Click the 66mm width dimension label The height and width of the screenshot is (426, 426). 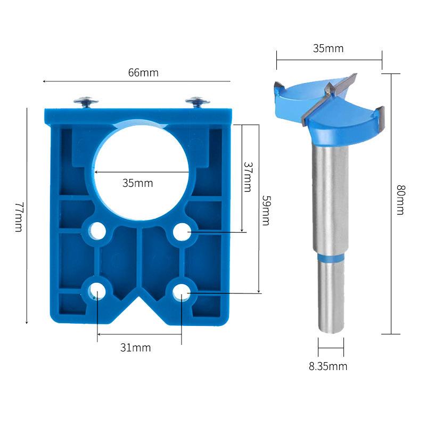click(143, 73)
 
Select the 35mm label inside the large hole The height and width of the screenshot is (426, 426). click(137, 183)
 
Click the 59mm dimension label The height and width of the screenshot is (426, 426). click(266, 210)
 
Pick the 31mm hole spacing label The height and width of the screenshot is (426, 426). click(135, 348)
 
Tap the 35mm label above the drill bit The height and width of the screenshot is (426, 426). click(328, 49)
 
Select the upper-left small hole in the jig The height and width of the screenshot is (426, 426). click(97, 231)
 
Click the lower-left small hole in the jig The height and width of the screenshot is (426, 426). click(97, 290)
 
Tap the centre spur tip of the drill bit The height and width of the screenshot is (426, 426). click(330, 87)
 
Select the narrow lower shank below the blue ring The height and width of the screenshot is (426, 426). click(330, 298)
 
